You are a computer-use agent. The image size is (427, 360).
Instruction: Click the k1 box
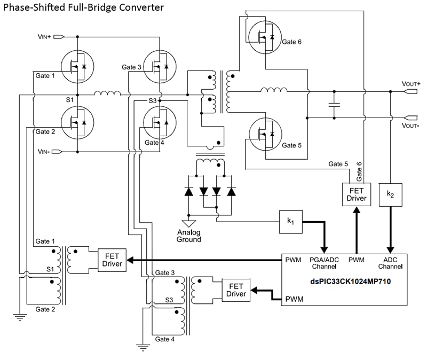click(x=290, y=220)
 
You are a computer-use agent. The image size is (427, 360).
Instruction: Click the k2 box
click(x=390, y=195)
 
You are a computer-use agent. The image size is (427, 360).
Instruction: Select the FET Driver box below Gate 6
click(x=356, y=194)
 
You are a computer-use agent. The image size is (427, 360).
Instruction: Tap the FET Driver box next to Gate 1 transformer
click(x=112, y=260)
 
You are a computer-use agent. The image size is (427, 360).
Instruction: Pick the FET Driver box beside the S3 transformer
click(x=236, y=289)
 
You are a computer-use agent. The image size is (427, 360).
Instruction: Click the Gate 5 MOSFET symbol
click(x=265, y=134)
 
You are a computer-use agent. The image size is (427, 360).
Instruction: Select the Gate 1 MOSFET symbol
click(x=77, y=66)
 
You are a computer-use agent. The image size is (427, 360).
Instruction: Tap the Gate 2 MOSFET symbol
click(x=77, y=122)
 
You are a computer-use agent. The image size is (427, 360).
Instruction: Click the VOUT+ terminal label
click(x=411, y=84)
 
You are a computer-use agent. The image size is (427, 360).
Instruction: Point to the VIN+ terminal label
click(x=44, y=37)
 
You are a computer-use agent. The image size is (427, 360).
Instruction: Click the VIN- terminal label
click(x=44, y=152)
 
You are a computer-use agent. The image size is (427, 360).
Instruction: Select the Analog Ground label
click(x=189, y=236)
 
